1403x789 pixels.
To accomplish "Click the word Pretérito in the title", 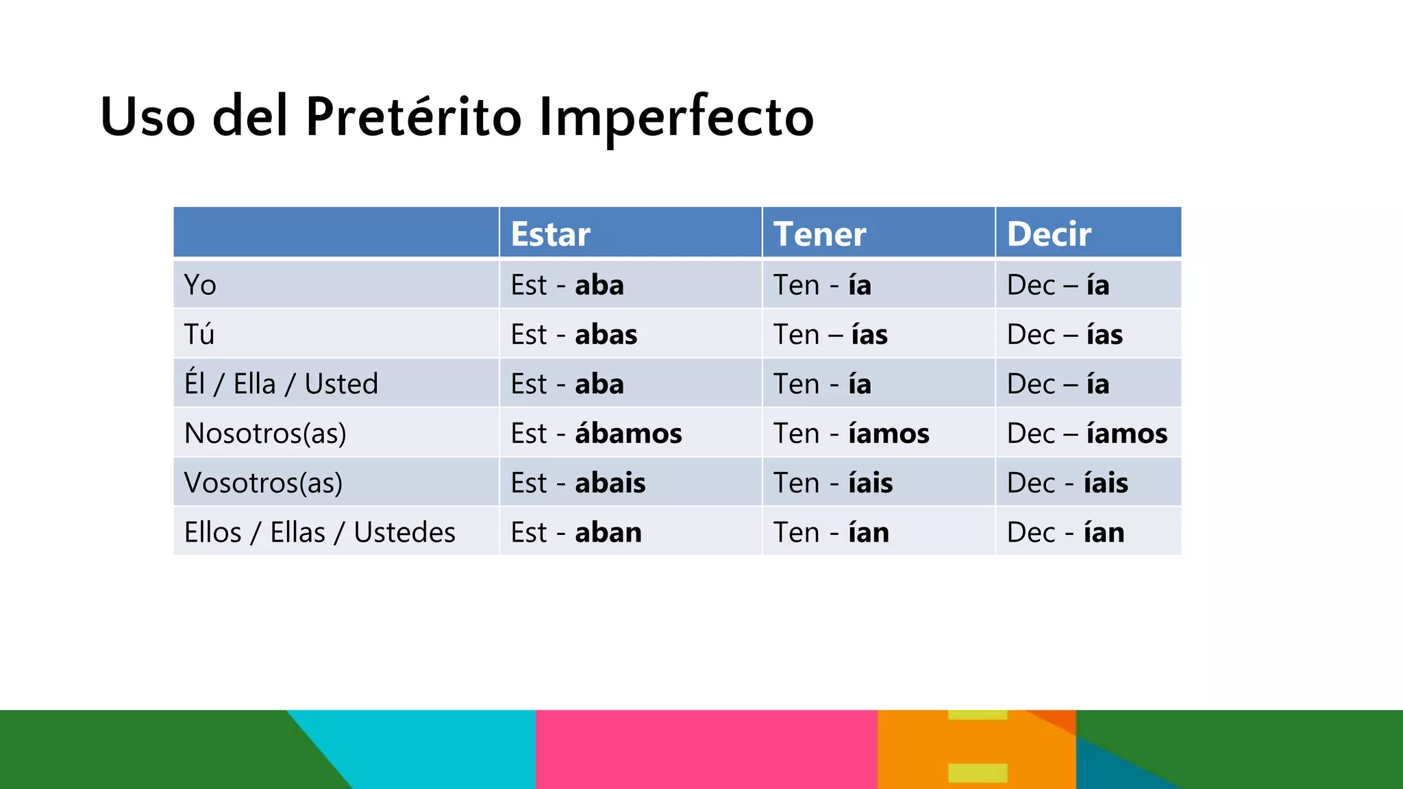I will pyautogui.click(x=414, y=116).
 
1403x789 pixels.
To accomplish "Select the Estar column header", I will pyautogui.click(x=550, y=234).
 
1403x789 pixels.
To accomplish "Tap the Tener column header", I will pyautogui.click(x=819, y=234).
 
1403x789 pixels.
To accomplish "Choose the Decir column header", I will pyautogui.click(x=1049, y=234).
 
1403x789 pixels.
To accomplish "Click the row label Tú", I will pyautogui.click(x=199, y=334).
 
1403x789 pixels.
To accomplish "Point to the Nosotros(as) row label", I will pyautogui.click(x=265, y=434).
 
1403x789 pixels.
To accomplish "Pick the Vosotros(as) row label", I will pyautogui.click(x=263, y=483).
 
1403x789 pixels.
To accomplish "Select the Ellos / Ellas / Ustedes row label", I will pyautogui.click(x=319, y=532).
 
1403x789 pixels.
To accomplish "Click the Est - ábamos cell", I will pyautogui.click(x=596, y=434).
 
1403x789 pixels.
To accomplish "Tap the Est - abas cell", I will pyautogui.click(x=574, y=335).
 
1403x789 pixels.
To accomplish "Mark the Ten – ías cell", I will pyautogui.click(x=830, y=335).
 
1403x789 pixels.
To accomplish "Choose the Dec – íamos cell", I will pyautogui.click(x=1087, y=434).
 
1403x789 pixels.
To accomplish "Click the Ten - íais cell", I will pyautogui.click(x=833, y=483).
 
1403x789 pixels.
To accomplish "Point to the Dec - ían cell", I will pyautogui.click(x=1065, y=532).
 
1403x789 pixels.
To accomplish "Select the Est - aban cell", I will pyautogui.click(x=576, y=532).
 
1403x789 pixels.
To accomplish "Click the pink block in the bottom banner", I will pyautogui.click(x=706, y=749).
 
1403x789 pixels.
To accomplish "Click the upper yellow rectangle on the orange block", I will pyautogui.click(x=978, y=715).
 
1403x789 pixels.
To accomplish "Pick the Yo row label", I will pyautogui.click(x=200, y=285).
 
